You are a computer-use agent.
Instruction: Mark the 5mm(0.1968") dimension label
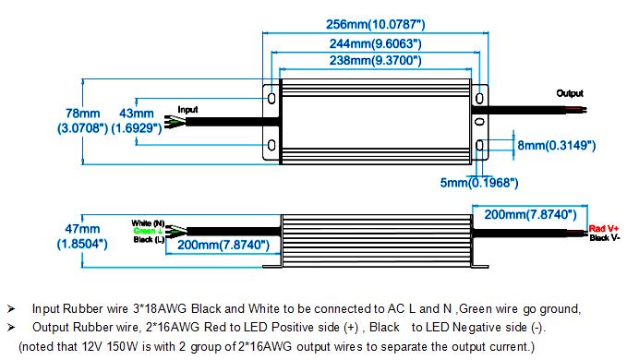point(478,182)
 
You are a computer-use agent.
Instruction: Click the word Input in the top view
point(187,109)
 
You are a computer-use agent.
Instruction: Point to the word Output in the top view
point(570,93)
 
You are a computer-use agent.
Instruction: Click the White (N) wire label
point(147,222)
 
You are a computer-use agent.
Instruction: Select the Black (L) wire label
point(148,239)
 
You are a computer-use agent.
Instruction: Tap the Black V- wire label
point(604,237)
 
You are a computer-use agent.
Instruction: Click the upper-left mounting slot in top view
point(271,97)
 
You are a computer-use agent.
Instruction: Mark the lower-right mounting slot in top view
point(478,145)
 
